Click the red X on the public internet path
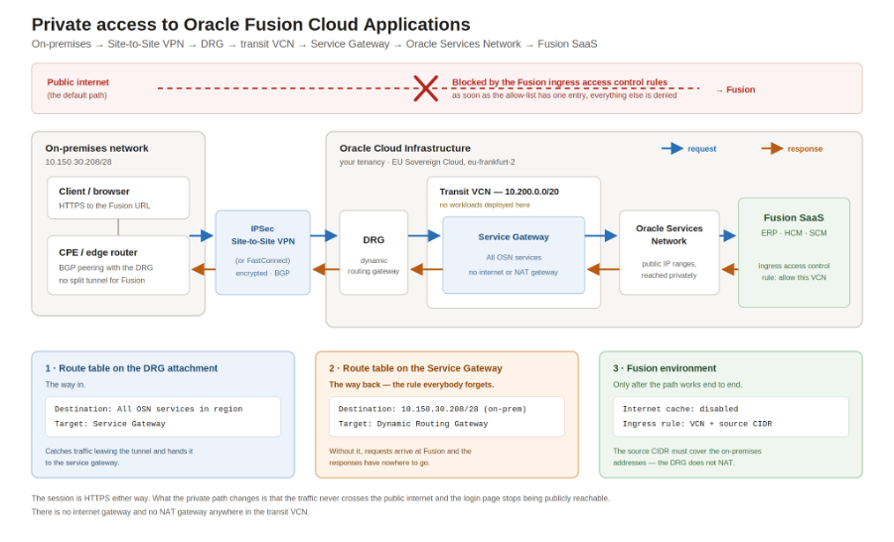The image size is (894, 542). tap(425, 88)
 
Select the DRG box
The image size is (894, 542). tap(373, 252)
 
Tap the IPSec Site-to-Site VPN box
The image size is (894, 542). tap(263, 252)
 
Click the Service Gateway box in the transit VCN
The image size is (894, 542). tap(514, 255)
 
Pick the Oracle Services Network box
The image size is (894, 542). tap(670, 252)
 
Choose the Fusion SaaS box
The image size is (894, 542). tap(794, 252)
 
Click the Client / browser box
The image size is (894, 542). tap(118, 198)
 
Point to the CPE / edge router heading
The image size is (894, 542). tap(98, 252)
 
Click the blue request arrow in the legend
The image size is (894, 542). tap(672, 149)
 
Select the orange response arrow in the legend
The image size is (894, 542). tap(772, 149)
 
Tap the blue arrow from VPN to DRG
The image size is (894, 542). tap(325, 235)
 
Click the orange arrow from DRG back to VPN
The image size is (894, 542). tap(326, 269)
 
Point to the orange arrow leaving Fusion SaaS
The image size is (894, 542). tap(729, 269)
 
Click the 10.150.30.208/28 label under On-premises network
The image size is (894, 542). tap(78, 162)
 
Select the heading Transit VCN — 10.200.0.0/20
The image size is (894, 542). tap(499, 192)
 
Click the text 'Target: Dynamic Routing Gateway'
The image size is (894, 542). tap(413, 424)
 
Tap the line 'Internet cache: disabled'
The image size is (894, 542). tap(680, 409)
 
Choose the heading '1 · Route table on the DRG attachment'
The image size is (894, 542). tap(131, 368)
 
